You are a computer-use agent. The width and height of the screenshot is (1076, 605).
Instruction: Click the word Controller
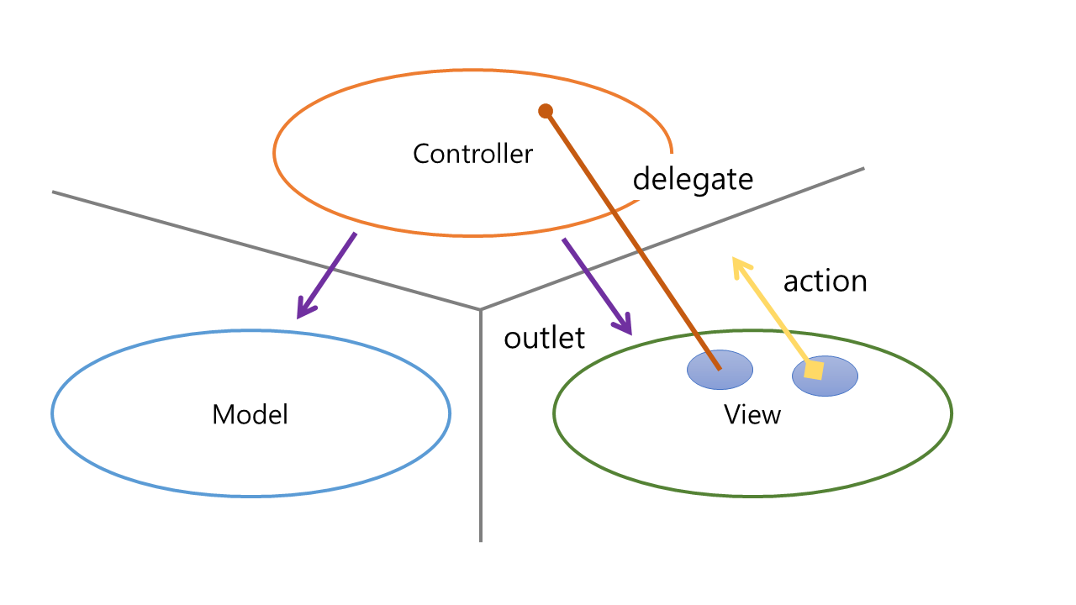coord(472,154)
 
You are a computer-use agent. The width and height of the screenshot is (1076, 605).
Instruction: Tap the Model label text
coord(250,414)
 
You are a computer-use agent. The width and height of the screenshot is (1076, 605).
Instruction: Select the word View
coord(752,414)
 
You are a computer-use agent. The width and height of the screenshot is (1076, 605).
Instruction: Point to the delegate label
coord(693,178)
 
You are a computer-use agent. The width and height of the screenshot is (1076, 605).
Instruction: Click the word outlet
coord(544,337)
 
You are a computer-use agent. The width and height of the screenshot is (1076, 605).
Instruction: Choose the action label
coord(825,281)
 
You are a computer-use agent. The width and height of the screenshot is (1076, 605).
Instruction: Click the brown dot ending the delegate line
coord(546,110)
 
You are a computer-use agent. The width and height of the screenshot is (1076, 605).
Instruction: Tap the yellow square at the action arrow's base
coord(813,370)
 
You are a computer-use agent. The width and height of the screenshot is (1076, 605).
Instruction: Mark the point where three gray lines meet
coord(480,309)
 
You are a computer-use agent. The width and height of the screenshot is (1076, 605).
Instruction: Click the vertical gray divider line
coord(480,437)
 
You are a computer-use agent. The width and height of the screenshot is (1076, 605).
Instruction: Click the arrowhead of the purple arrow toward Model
coord(303,312)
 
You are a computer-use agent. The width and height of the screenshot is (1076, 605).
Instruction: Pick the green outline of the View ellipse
coord(752,496)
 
